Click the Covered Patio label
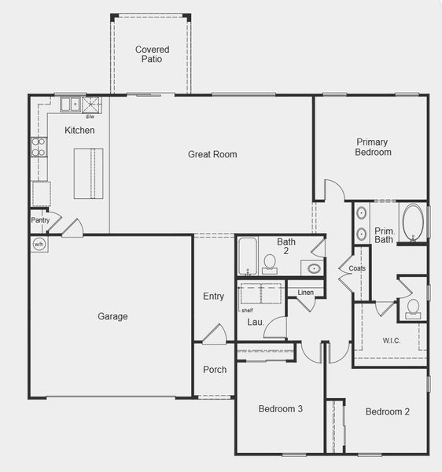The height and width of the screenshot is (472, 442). (x=151, y=54)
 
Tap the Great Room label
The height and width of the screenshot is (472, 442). (x=212, y=154)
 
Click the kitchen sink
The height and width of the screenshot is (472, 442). (x=69, y=104)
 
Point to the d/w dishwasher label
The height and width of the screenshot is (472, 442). (x=90, y=116)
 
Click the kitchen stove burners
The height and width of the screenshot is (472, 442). (x=38, y=147)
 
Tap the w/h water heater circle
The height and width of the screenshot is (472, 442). (x=39, y=245)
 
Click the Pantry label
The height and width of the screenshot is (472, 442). (x=40, y=220)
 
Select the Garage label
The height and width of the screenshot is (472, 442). (x=112, y=316)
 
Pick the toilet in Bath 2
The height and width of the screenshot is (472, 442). (x=270, y=263)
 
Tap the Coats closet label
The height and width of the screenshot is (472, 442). (x=357, y=268)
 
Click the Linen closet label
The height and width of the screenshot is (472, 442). (x=306, y=293)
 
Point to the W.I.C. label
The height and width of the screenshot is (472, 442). (x=393, y=341)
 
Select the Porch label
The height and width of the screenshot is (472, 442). (x=215, y=370)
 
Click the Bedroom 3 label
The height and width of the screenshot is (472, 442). (x=281, y=409)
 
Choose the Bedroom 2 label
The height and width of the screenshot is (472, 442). (x=388, y=411)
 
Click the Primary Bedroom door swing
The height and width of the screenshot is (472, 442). (x=333, y=190)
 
